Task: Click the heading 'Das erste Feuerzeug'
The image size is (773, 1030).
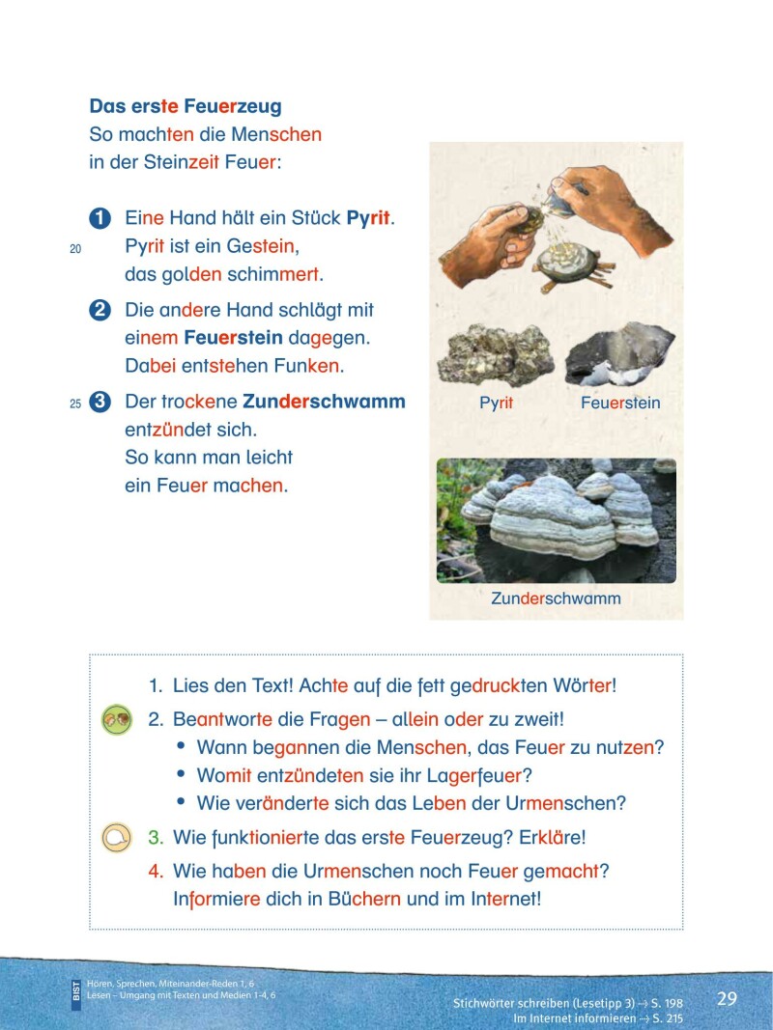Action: tap(186, 107)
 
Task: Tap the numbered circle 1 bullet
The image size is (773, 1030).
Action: tap(100, 219)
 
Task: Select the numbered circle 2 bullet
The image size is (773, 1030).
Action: tap(100, 311)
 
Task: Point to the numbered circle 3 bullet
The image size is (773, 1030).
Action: tap(100, 403)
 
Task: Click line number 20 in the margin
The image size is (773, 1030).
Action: tap(75, 249)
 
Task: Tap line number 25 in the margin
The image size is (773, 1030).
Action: tap(75, 404)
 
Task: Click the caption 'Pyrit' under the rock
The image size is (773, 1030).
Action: tap(496, 404)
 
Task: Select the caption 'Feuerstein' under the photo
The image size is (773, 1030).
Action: tap(620, 404)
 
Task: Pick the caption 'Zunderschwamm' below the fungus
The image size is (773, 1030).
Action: tap(556, 599)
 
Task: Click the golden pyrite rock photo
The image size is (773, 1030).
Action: tap(495, 355)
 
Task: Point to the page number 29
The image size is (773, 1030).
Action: tap(727, 998)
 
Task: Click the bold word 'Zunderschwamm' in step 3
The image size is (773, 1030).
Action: tap(324, 402)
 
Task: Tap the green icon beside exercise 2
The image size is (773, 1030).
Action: tap(116, 720)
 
